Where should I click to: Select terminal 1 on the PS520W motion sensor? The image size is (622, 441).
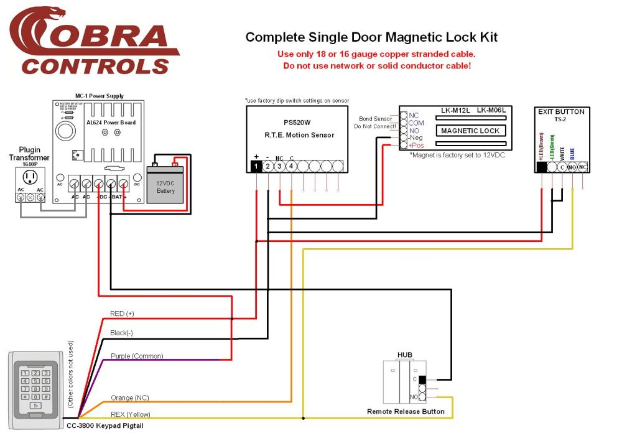[256, 166]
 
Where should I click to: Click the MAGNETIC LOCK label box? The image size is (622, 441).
[470, 131]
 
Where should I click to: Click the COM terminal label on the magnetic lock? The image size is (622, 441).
[416, 123]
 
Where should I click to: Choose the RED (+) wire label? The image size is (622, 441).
[122, 313]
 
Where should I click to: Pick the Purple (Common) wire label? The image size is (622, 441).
[137, 356]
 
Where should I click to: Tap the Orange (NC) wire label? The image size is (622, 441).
[129, 398]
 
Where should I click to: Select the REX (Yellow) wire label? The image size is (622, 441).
[130, 414]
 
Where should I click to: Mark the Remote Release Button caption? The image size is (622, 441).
[406, 412]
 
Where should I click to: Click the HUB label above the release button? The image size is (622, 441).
[405, 355]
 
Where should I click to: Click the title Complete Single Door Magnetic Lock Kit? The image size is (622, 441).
[371, 37]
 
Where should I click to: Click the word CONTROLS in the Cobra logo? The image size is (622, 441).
[95, 66]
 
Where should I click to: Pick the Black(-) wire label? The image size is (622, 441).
[121, 333]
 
